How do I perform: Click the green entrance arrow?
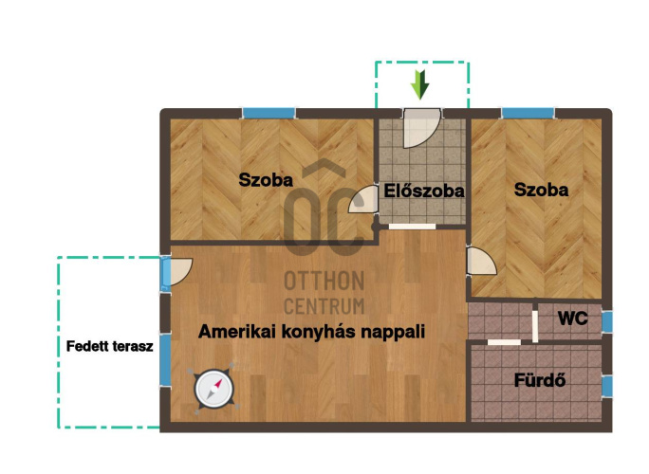419,84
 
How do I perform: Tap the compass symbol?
214,389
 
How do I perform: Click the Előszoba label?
424,191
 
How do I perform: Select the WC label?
573,319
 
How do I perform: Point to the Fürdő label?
540,380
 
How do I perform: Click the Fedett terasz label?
110,346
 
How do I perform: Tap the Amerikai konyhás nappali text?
311,331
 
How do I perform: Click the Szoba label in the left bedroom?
266,180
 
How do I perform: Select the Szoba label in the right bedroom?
542,190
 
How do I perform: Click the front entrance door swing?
420,128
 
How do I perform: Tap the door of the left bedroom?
363,200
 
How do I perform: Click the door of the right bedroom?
481,261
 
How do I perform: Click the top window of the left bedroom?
269,113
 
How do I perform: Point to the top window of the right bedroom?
528,113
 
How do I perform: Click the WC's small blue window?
607,321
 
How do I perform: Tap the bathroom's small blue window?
607,386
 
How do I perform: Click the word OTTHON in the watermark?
324,281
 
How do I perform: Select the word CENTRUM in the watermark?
324,306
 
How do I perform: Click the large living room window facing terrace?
165,360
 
